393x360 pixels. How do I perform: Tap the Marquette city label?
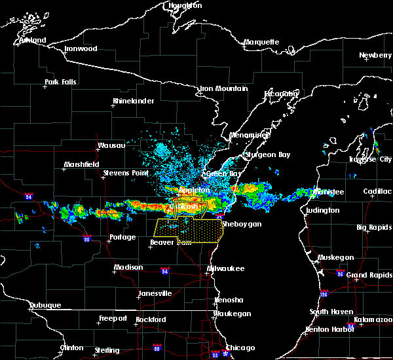click(x=261, y=43)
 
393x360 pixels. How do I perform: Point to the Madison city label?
click(x=128, y=268)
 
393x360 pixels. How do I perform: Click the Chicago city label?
click(x=240, y=348)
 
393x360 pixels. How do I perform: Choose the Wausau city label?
click(x=111, y=145)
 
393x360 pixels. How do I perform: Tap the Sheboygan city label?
click(x=242, y=224)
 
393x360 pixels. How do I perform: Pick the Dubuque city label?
click(x=45, y=306)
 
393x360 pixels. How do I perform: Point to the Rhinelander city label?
click(x=133, y=101)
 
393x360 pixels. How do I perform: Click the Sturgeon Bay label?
click(x=263, y=155)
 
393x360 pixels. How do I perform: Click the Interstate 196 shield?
click(x=326, y=294)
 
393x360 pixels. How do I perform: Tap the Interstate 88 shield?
click(x=157, y=348)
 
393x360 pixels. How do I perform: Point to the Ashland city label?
click(x=32, y=41)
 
